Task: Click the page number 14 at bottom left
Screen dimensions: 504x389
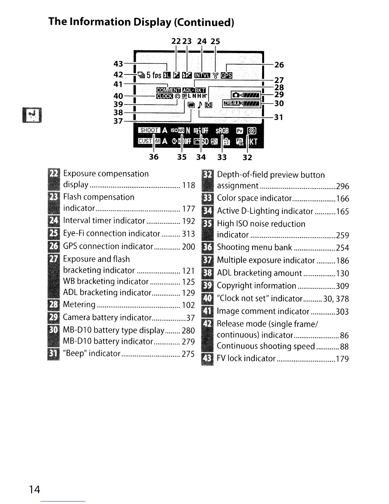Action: coord(35,489)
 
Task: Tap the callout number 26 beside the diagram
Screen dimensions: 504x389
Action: coord(279,65)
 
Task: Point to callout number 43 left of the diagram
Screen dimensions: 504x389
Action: coord(118,64)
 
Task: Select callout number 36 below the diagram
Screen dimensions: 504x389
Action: coord(154,157)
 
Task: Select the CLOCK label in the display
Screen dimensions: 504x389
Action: coord(164,96)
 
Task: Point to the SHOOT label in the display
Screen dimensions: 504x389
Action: coord(149,130)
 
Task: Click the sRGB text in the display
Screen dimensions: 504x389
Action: coord(222,130)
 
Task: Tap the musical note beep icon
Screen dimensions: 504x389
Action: coord(200,105)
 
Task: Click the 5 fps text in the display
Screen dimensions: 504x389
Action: coord(154,75)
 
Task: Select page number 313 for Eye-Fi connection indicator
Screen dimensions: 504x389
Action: coord(188,234)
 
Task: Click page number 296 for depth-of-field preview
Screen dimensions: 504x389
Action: coord(343,186)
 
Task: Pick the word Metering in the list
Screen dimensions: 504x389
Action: coord(79,304)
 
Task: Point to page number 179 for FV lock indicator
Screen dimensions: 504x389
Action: coord(343,359)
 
